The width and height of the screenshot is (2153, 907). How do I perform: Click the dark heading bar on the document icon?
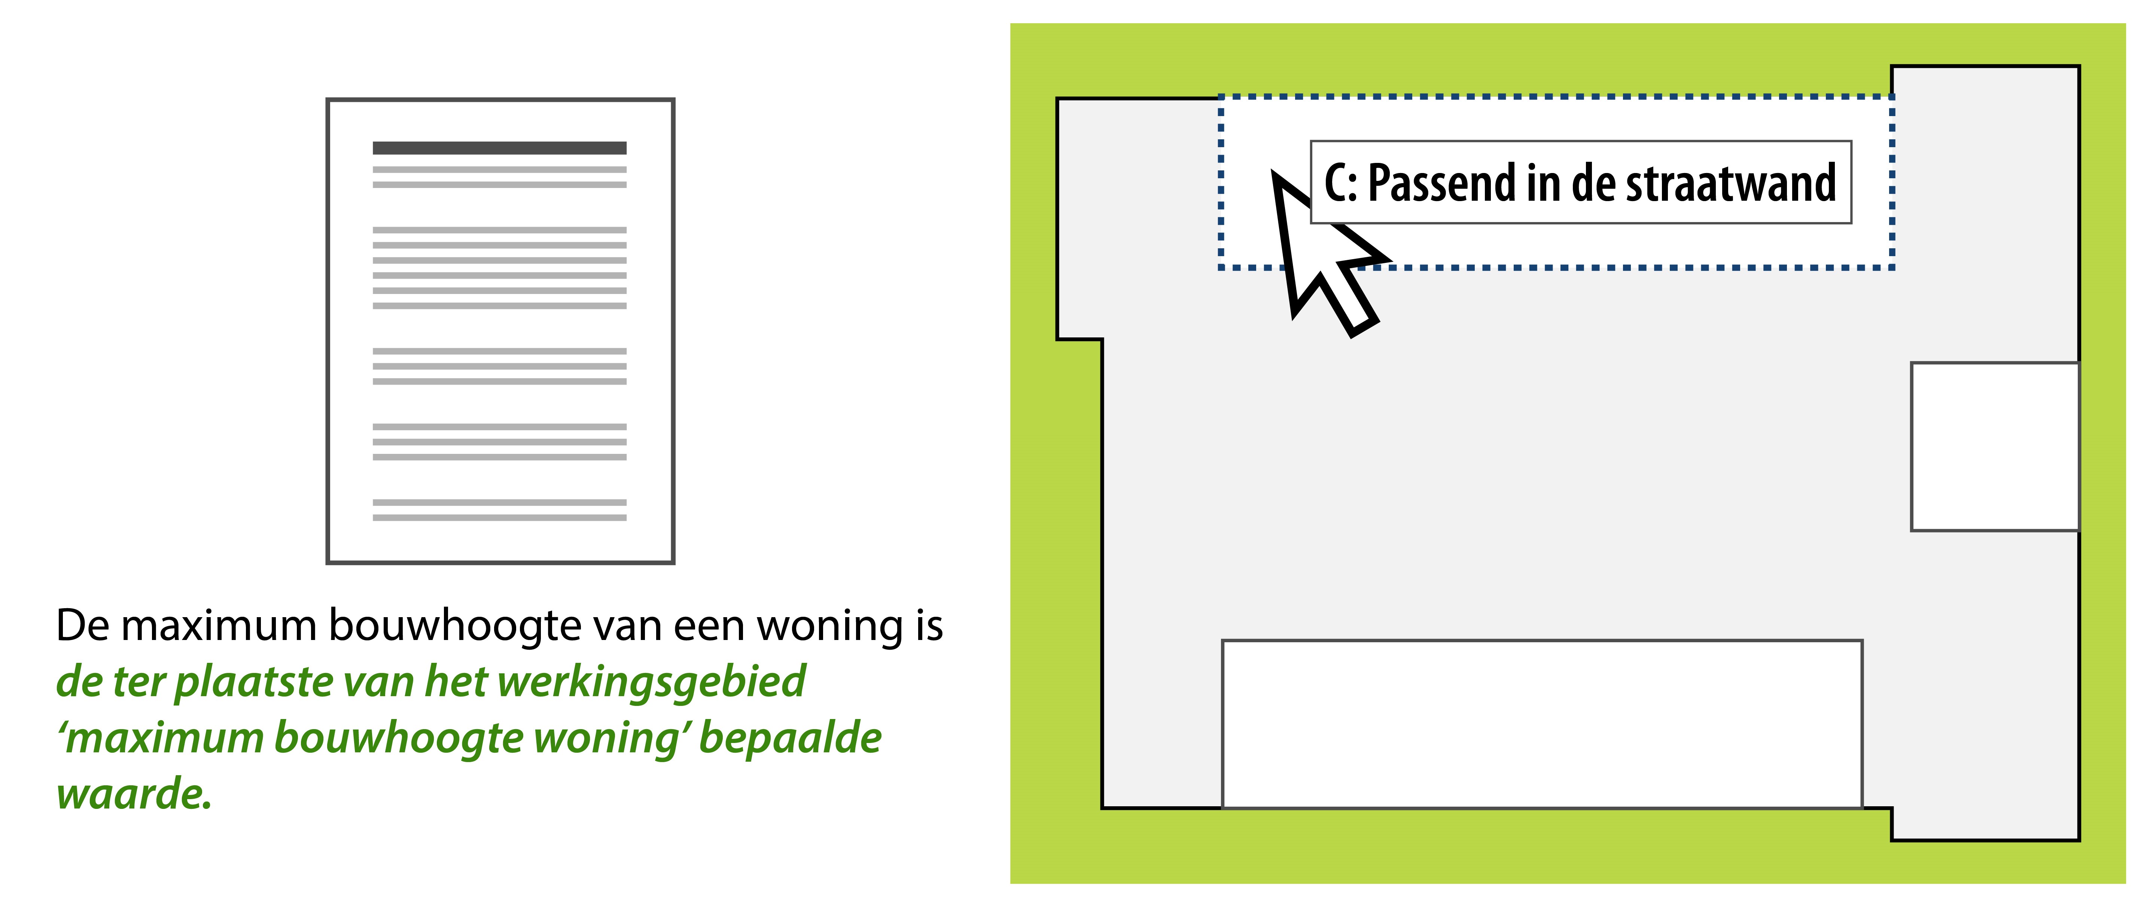(x=499, y=148)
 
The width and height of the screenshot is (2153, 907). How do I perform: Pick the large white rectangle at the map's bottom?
(x=1542, y=724)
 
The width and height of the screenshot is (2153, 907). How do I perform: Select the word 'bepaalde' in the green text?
(x=790, y=738)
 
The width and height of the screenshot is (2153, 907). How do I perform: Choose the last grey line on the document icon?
(x=499, y=518)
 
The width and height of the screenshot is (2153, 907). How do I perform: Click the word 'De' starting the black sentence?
(x=83, y=625)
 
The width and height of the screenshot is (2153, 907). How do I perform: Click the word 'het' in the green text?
(x=456, y=681)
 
